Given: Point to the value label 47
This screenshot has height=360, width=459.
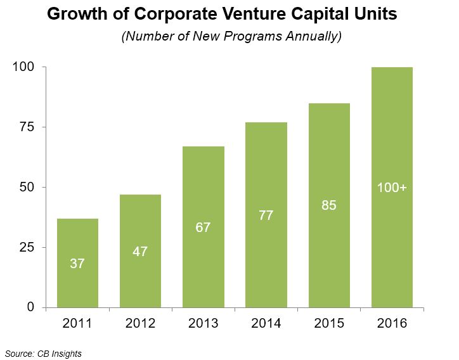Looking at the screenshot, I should click(x=139, y=251).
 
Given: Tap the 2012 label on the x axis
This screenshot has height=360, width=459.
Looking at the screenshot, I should click(x=139, y=325).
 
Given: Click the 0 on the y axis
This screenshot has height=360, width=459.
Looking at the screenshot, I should click(x=30, y=307).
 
